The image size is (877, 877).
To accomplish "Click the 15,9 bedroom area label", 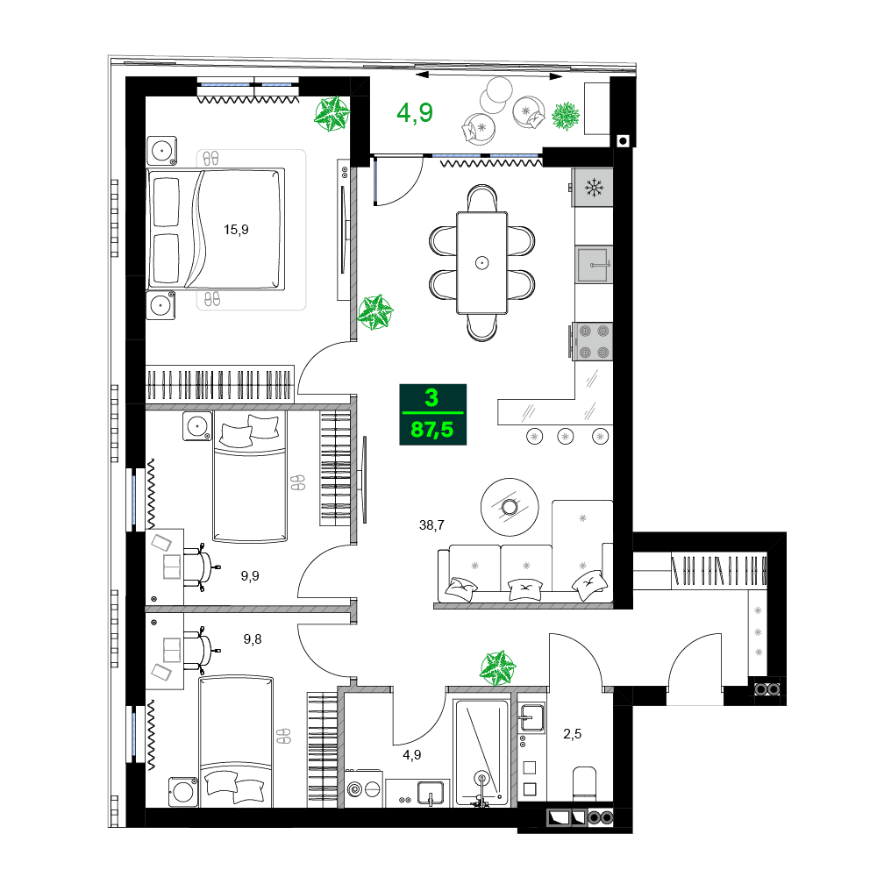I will (x=236, y=231).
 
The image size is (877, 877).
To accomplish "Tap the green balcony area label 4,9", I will (x=415, y=113).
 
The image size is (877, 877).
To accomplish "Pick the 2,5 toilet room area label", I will (x=572, y=734).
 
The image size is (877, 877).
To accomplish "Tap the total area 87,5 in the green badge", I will (x=432, y=429).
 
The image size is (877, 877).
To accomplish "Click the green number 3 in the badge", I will (x=431, y=397).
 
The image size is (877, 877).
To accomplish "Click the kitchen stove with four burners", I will (x=592, y=342).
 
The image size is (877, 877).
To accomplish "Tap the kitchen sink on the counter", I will (x=594, y=264).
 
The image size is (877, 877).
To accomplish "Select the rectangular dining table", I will (x=481, y=261).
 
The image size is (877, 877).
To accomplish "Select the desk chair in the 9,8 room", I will (x=199, y=650).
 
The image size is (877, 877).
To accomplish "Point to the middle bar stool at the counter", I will (x=566, y=436).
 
